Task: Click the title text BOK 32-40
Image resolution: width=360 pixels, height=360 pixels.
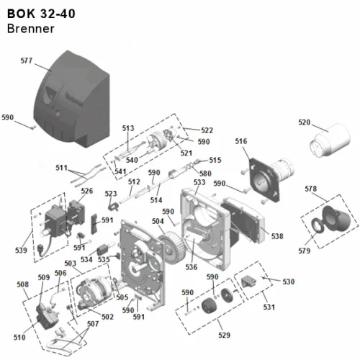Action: point(41,14)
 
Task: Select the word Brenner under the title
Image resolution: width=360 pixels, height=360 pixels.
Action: point(31,29)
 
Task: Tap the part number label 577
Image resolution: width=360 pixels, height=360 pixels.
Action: point(27,60)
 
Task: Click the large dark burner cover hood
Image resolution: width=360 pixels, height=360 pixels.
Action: point(72,99)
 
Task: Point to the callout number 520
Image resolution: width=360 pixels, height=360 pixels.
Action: point(305,122)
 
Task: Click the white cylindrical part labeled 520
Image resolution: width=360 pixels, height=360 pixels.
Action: point(330,140)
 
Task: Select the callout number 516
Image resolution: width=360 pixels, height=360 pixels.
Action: point(241,141)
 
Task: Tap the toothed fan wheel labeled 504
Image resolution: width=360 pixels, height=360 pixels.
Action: point(171,247)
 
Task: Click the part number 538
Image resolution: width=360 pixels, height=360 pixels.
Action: point(277,236)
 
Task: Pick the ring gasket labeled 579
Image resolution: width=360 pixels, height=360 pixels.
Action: point(318,225)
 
